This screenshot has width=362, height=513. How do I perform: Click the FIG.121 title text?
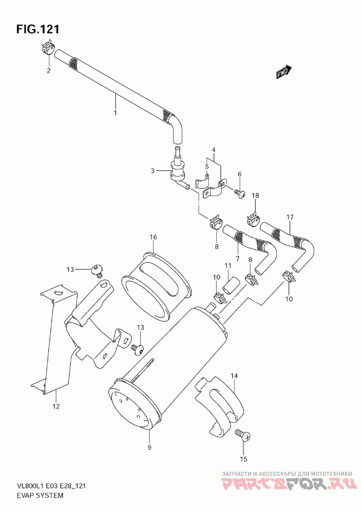pos(38,29)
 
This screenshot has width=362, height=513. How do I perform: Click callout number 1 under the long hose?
pos(115,112)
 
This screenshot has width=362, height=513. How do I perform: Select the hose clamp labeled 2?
pos(49,47)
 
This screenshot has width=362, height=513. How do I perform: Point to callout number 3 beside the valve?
pos(153,170)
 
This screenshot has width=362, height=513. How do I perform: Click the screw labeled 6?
pos(241,194)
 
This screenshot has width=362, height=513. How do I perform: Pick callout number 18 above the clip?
pos(255,195)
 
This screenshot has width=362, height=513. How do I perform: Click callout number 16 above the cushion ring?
pos(153,237)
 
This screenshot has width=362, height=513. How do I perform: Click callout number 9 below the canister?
pos(149,447)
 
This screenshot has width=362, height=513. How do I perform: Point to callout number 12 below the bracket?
pos(56,407)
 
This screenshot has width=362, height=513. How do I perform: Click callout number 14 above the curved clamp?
pos(234,376)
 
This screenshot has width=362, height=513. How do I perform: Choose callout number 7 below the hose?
pos(237,259)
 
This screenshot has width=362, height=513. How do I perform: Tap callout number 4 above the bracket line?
pos(213,150)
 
